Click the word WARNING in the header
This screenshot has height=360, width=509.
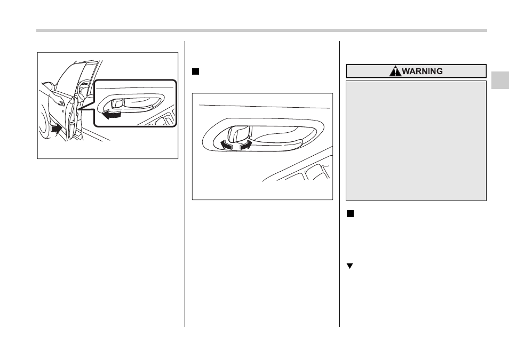pyautogui.click(x=423, y=71)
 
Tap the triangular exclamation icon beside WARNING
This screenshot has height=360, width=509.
pyautogui.click(x=395, y=71)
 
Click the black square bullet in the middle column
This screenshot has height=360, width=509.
pyautogui.click(x=195, y=71)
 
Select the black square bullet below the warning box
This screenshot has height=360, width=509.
pyautogui.click(x=350, y=213)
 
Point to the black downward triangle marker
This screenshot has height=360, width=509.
pyautogui.click(x=349, y=266)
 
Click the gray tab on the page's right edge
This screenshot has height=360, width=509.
pyautogui.click(x=500, y=80)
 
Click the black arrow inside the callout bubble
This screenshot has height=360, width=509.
pyautogui.click(x=112, y=114)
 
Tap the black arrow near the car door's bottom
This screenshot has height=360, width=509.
pyautogui.click(x=56, y=129)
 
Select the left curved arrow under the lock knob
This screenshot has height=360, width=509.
pyautogui.click(x=226, y=145)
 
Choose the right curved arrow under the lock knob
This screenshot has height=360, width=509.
pyautogui.click(x=246, y=145)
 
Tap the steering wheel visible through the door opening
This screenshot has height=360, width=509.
pyautogui.click(x=83, y=87)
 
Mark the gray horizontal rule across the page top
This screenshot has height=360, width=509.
pyautogui.click(x=261, y=30)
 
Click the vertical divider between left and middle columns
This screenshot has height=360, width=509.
pyautogui.click(x=185, y=184)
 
